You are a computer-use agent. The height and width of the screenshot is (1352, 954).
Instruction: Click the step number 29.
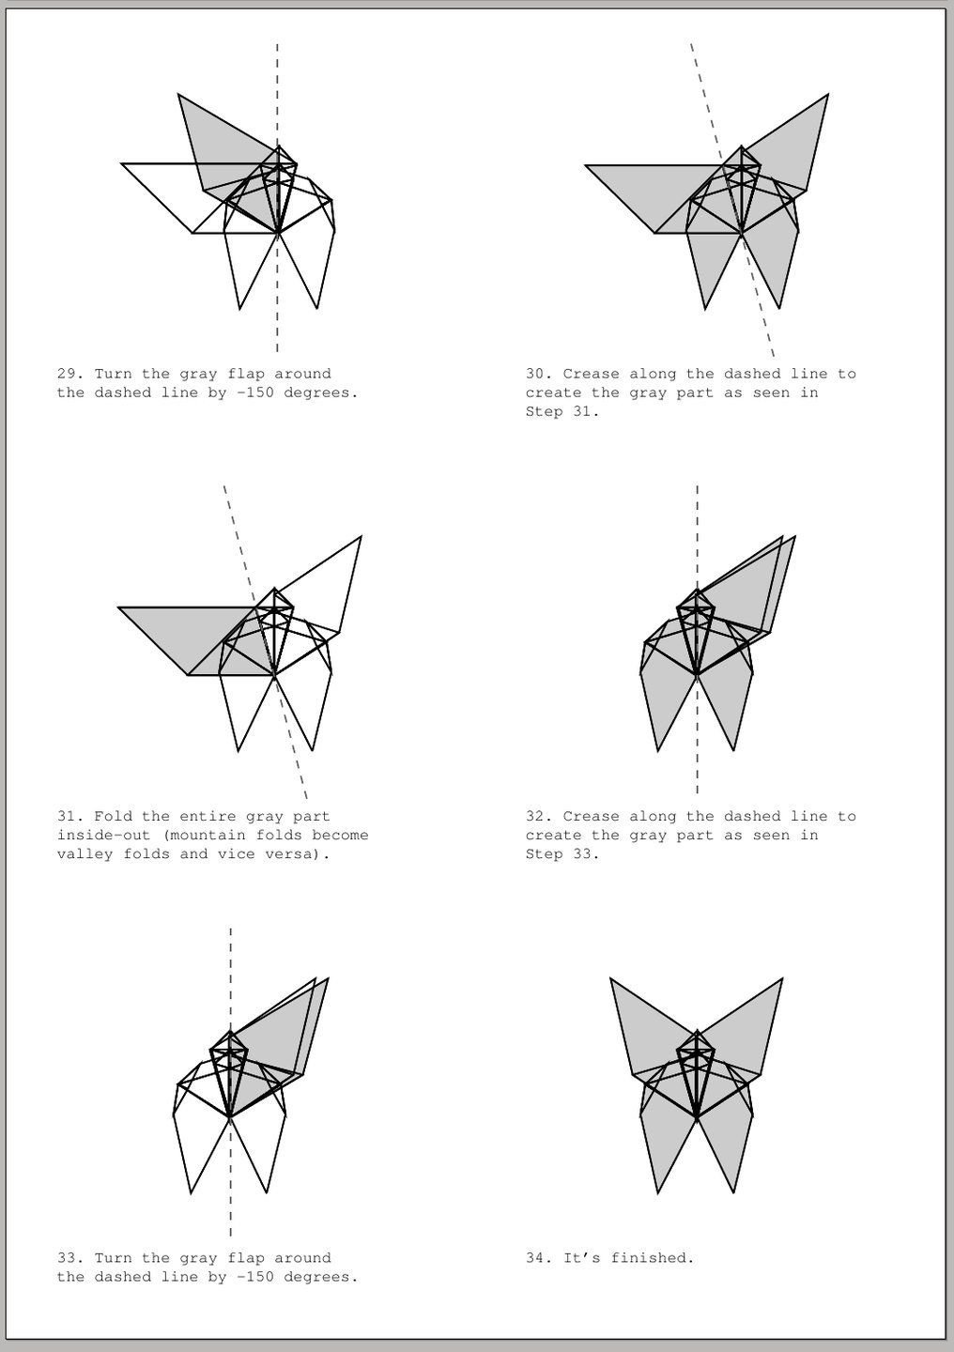[69, 374]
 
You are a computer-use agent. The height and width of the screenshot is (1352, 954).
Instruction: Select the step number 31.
[69, 817]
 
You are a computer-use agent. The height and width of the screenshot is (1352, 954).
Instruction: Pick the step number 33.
[69, 1258]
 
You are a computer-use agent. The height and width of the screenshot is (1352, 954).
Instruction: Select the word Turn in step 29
[113, 374]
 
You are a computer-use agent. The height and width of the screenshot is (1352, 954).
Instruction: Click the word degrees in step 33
[320, 1277]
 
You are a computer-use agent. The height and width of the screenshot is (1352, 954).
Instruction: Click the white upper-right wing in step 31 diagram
[324, 587]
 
